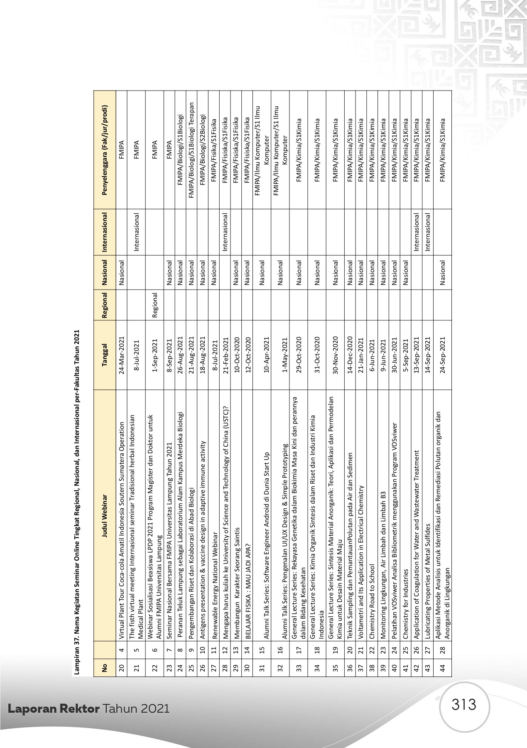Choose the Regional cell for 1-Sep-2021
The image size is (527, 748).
pyautogui.click(x=154, y=305)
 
